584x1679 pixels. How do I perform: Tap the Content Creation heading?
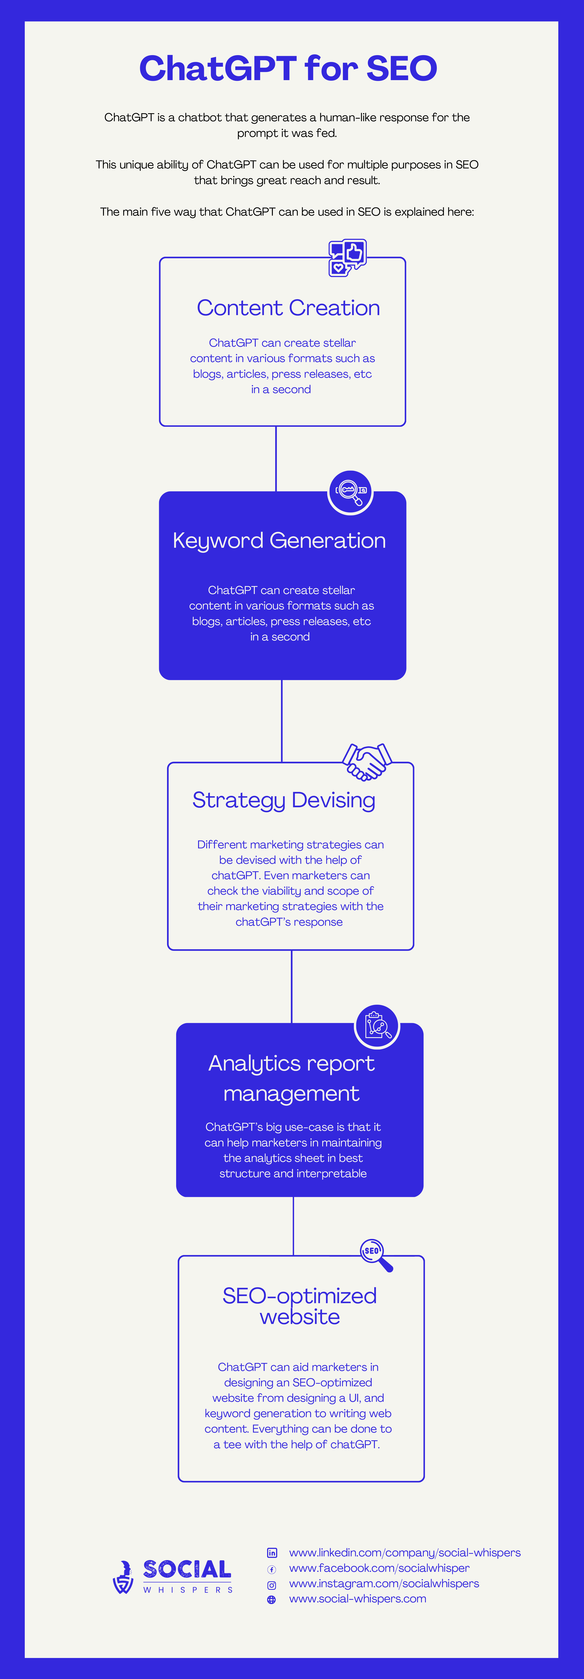(288, 308)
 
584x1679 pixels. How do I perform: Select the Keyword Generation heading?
(279, 540)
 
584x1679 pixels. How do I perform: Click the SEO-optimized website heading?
(300, 1305)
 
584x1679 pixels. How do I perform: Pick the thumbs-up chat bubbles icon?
(347, 257)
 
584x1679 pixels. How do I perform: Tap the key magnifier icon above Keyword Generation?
(350, 491)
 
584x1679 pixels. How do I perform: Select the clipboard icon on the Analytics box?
(377, 1026)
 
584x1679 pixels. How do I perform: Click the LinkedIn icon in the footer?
(272, 1553)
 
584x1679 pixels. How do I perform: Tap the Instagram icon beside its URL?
(272, 1584)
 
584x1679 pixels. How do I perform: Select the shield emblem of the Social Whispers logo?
(123, 1577)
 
